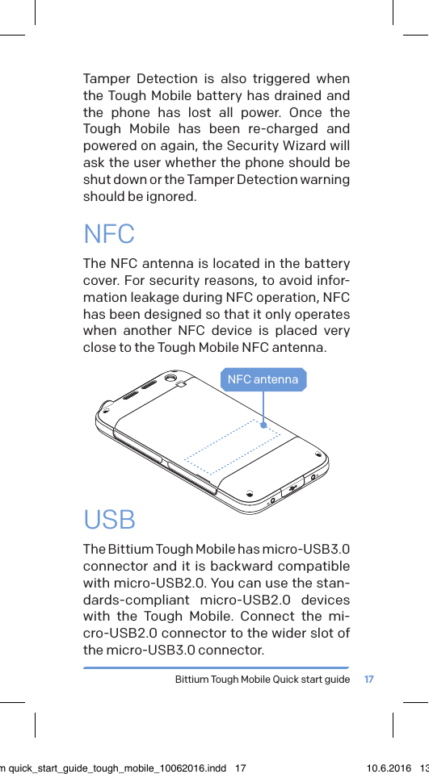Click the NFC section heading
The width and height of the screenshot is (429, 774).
(x=109, y=235)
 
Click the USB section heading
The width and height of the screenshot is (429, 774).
(x=110, y=520)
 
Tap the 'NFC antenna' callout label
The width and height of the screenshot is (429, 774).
(x=263, y=379)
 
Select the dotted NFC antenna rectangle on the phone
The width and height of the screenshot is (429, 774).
(x=232, y=446)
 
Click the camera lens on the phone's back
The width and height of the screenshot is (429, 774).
(x=170, y=378)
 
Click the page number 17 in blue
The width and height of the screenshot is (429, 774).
(x=369, y=680)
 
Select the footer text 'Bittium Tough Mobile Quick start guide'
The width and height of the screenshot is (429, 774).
(x=263, y=680)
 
